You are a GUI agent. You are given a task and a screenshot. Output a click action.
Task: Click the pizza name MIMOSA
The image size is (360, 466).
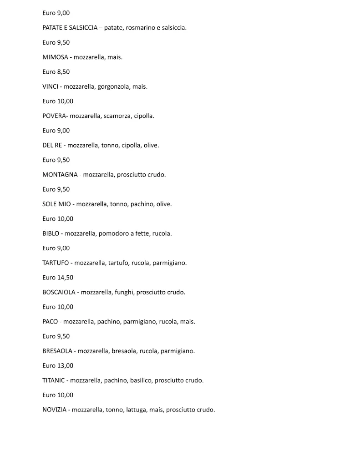pos(54,57)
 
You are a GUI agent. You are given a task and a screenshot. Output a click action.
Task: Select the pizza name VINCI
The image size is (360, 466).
pos(50,86)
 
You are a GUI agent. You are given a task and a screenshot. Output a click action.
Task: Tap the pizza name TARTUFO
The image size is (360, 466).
pos(56,263)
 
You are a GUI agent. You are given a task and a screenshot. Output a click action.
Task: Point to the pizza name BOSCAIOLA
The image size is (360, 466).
pos(59,292)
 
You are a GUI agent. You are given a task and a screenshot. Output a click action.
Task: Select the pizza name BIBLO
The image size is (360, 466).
pos(51,233)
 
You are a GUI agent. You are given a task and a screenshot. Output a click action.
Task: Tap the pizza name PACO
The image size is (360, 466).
pos(50,321)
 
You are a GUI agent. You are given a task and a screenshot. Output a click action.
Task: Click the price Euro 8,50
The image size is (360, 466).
pos(56,72)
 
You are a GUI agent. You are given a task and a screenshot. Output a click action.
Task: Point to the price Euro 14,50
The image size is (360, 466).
pos(58,277)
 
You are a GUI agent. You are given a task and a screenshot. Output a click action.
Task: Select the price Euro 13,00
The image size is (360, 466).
pos(58,365)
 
